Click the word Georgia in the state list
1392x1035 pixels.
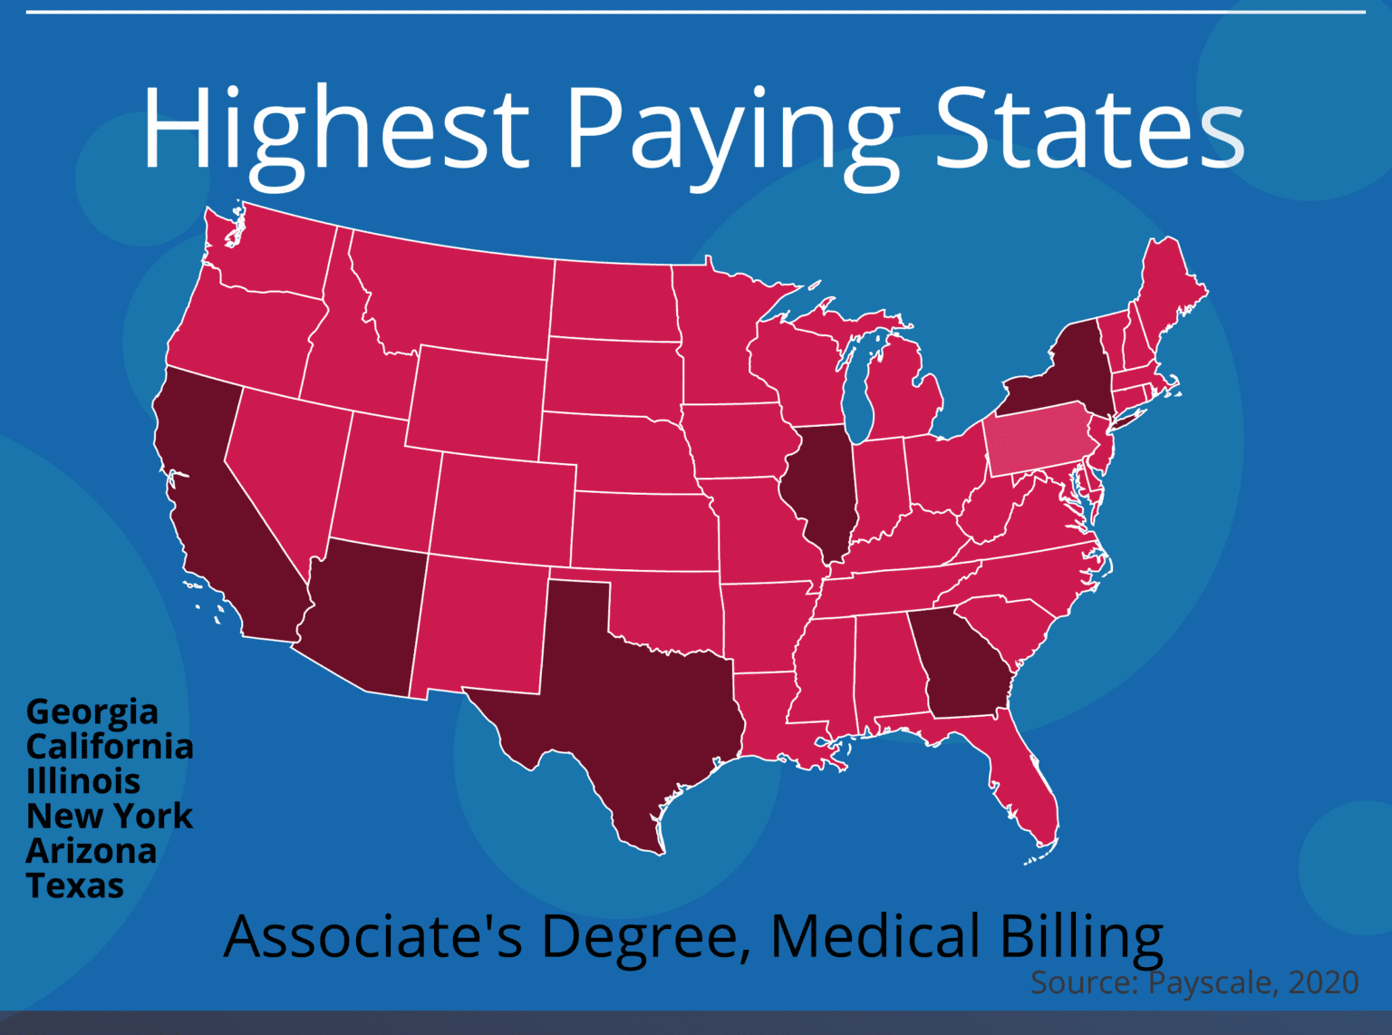pyautogui.click(x=92, y=712)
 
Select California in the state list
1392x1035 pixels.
pyautogui.click(x=110, y=747)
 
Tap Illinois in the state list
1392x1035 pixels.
pyautogui.click(x=83, y=781)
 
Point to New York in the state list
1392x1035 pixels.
pyautogui.click(x=110, y=816)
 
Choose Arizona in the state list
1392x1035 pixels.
pyautogui.click(x=92, y=851)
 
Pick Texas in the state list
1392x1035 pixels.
pyautogui.click(x=75, y=885)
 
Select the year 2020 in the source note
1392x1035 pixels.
pyautogui.click(x=1323, y=982)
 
